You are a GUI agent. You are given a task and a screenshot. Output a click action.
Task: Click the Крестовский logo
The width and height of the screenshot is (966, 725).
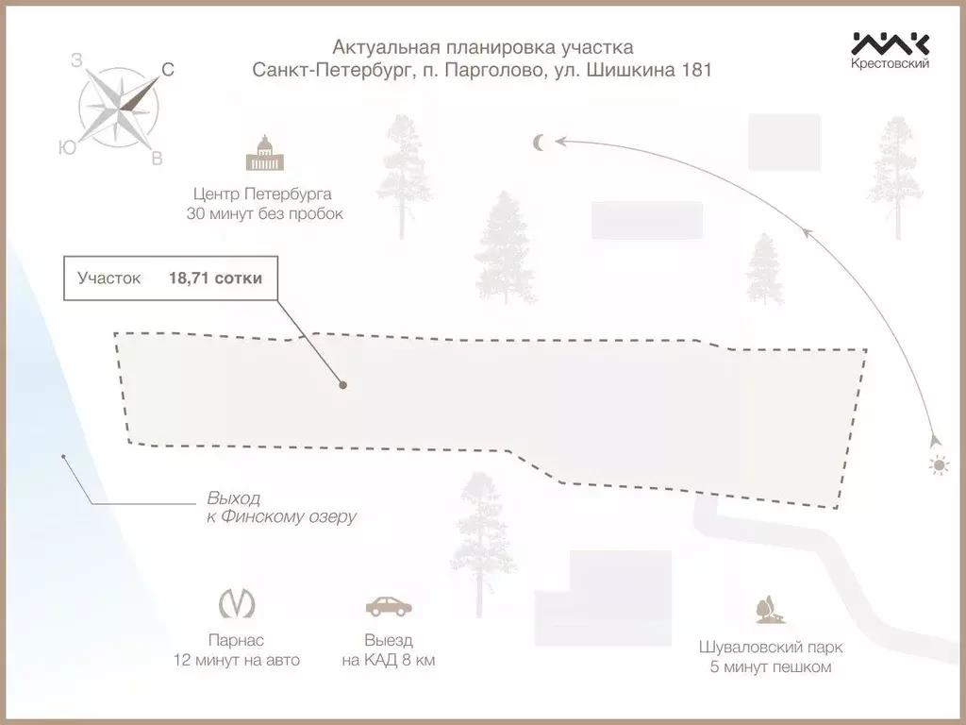(891, 50)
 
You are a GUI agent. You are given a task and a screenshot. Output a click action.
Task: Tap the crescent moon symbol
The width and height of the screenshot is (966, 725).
(539, 143)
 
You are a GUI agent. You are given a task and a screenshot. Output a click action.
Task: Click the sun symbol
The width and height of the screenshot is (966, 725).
(939, 465)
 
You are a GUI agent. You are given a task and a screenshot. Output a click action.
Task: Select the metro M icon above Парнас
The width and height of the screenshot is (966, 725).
(237, 603)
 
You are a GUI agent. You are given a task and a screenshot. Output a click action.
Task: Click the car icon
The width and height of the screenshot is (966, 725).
(388, 606)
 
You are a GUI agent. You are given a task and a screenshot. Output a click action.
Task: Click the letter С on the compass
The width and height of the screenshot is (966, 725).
(168, 70)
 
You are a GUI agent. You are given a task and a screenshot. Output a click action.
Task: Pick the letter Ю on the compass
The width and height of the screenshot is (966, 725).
(68, 147)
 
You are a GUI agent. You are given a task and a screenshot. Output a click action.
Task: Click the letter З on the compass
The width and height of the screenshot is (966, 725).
(77, 60)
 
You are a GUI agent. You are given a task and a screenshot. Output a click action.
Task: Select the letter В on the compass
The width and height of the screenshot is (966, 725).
(158, 159)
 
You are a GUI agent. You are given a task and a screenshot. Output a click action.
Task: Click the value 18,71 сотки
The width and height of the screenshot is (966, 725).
(216, 278)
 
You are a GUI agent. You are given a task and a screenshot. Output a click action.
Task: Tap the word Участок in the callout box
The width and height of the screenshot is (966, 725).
(109, 278)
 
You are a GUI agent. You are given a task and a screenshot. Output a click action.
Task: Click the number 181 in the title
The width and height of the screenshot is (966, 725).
(696, 70)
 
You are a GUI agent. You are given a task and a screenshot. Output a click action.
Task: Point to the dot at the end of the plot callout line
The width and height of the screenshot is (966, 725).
(343, 385)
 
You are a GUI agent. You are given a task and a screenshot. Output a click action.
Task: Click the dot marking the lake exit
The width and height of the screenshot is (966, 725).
(63, 457)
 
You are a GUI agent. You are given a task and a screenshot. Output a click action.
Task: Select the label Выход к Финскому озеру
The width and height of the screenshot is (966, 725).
(281, 507)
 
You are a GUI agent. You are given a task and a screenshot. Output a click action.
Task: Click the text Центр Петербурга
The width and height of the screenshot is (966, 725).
(262, 194)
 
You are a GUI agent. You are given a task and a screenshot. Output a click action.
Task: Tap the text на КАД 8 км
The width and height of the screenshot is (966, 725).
(389, 660)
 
